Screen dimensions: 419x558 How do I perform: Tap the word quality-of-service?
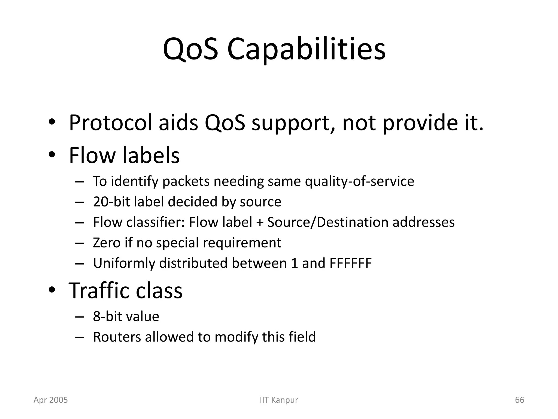(x=359, y=181)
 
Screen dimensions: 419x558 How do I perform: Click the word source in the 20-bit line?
(x=260, y=202)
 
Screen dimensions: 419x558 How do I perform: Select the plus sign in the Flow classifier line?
(x=259, y=222)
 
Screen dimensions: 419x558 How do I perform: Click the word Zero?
(x=107, y=243)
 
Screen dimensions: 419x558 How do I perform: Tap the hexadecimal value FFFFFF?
(x=350, y=263)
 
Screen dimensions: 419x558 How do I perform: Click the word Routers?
(x=117, y=337)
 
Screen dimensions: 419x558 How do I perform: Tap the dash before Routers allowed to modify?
(x=79, y=337)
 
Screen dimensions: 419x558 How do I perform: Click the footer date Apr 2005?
(x=51, y=400)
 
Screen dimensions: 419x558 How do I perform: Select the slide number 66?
(x=520, y=400)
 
